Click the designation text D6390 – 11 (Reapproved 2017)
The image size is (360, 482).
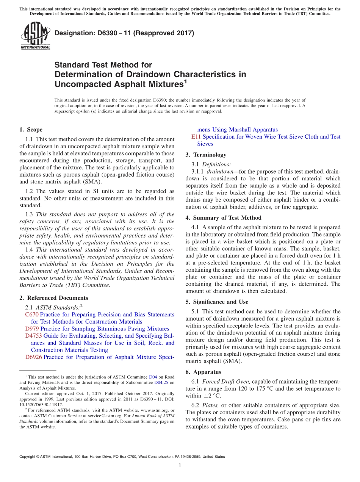tap(124, 33)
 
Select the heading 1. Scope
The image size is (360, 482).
tap(31, 130)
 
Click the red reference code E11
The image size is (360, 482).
tap(196, 137)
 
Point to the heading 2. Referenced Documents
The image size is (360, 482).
tap(53, 298)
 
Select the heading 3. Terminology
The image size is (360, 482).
tap(206, 155)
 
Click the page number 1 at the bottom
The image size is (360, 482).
tap(180, 466)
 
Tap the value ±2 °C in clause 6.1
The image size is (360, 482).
tap(212, 396)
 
